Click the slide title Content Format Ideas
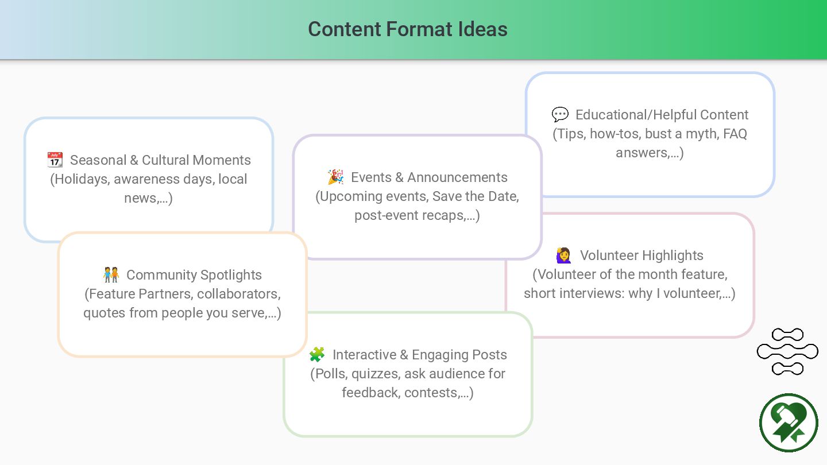point(407,29)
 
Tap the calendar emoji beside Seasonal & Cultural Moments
point(55,160)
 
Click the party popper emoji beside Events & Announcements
point(336,177)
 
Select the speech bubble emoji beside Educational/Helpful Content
point(560,115)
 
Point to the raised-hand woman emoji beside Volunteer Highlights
point(563,255)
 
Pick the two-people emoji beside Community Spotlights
point(111,275)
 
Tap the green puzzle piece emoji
point(317,355)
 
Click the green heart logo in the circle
point(789,423)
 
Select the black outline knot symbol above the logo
point(787,351)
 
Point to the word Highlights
point(674,255)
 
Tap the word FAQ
point(735,134)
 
